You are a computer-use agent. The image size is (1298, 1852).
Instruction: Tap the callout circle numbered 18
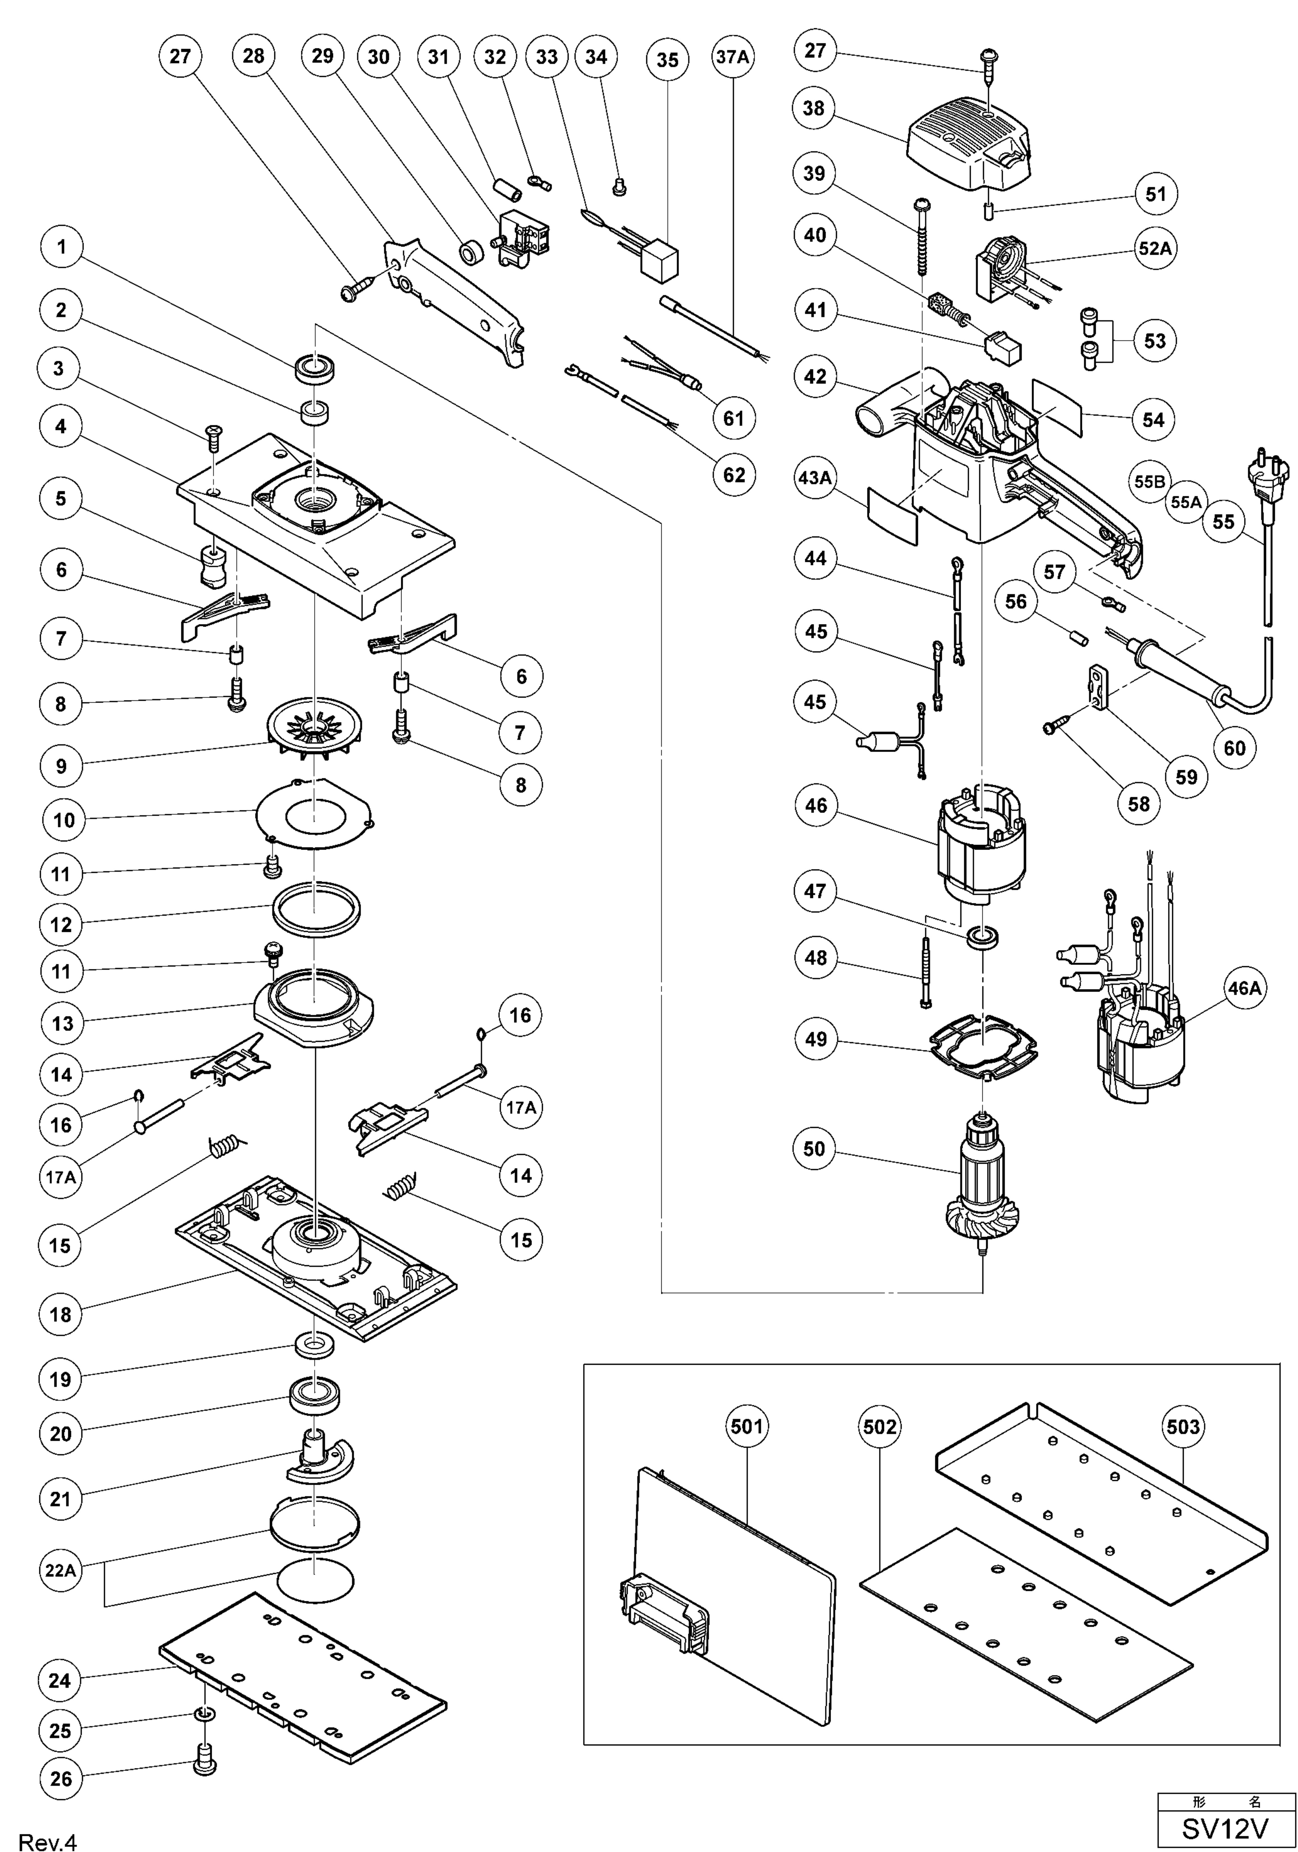click(61, 1315)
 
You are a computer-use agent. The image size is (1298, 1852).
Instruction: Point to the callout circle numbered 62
click(733, 475)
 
